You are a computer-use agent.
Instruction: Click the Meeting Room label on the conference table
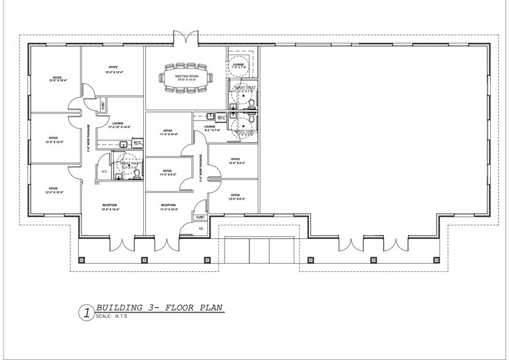(x=185, y=78)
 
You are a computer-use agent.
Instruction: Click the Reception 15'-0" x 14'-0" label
(x=110, y=207)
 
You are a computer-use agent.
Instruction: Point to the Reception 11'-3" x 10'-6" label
(x=169, y=207)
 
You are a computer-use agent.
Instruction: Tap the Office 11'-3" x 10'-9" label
(x=168, y=133)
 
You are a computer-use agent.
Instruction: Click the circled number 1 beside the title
(x=86, y=313)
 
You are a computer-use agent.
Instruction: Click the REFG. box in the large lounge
(x=138, y=144)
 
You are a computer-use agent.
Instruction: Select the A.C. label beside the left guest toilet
(x=105, y=171)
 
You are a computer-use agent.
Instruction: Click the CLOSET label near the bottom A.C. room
(x=199, y=217)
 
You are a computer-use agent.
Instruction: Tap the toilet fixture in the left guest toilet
(x=137, y=173)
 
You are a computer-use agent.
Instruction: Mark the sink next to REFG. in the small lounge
(x=210, y=116)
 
